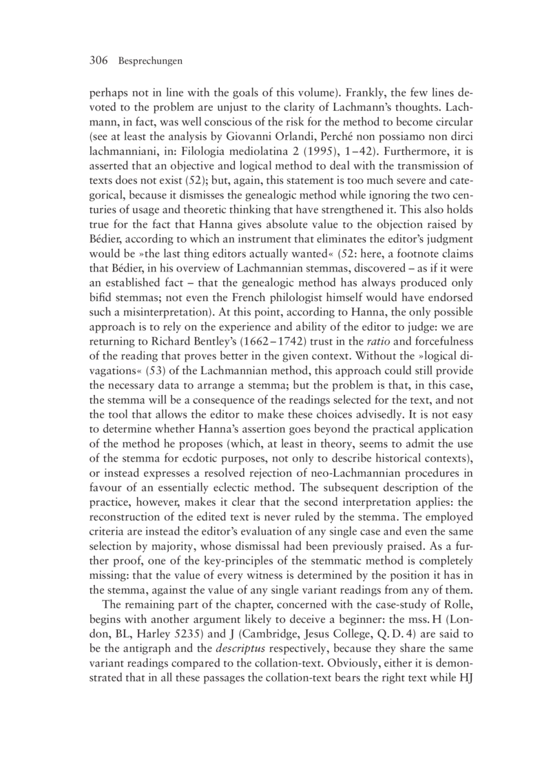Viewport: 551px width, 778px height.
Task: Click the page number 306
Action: [x=100, y=61]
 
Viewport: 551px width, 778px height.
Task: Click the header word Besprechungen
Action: [x=150, y=62]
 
